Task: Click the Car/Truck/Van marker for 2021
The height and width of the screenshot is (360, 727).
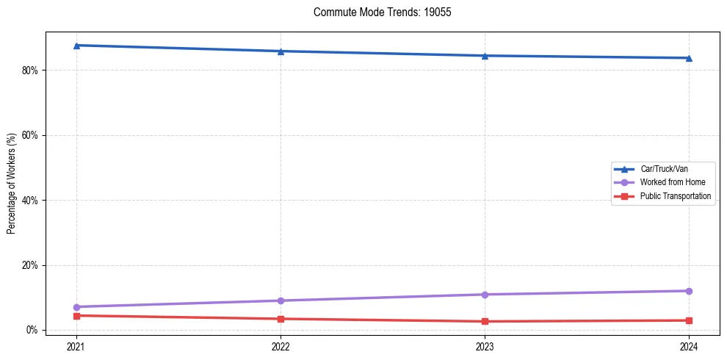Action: [76, 46]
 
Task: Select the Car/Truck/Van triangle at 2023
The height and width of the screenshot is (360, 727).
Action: [485, 56]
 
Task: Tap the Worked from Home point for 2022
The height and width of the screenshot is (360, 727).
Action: [281, 300]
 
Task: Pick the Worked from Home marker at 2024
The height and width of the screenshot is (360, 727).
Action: [689, 291]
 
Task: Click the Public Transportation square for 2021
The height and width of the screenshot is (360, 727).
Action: [76, 316]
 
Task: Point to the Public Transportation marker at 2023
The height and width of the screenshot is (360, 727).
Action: [485, 321]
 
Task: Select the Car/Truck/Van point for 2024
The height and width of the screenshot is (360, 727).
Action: [689, 58]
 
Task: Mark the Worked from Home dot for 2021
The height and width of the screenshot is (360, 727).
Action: [76, 306]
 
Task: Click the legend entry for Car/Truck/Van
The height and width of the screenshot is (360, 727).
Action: [664, 169]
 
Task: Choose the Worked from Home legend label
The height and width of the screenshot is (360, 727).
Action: [672, 182]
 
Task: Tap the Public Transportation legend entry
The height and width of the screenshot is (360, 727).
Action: [676, 196]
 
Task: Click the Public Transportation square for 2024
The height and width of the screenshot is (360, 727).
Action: [689, 320]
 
